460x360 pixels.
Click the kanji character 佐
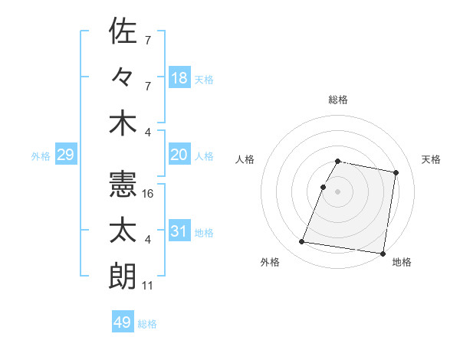pos(123,31)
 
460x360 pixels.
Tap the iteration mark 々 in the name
pos(123,77)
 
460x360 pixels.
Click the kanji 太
pos(123,231)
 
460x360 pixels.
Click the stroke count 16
pos(148,194)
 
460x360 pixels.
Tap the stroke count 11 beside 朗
pos(148,286)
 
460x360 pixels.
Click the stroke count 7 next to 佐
pos(147,39)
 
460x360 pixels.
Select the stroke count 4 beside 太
pos(147,240)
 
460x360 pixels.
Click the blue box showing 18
pos(179,77)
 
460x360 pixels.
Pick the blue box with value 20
pos(179,155)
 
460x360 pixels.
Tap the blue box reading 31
pos(179,231)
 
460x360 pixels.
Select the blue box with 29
pos(65,155)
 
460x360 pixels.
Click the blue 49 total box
pos(123,322)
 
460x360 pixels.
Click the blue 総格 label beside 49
pos(147,324)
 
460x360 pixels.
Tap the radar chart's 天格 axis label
pos(431,159)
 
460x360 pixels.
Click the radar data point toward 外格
pos(302,242)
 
